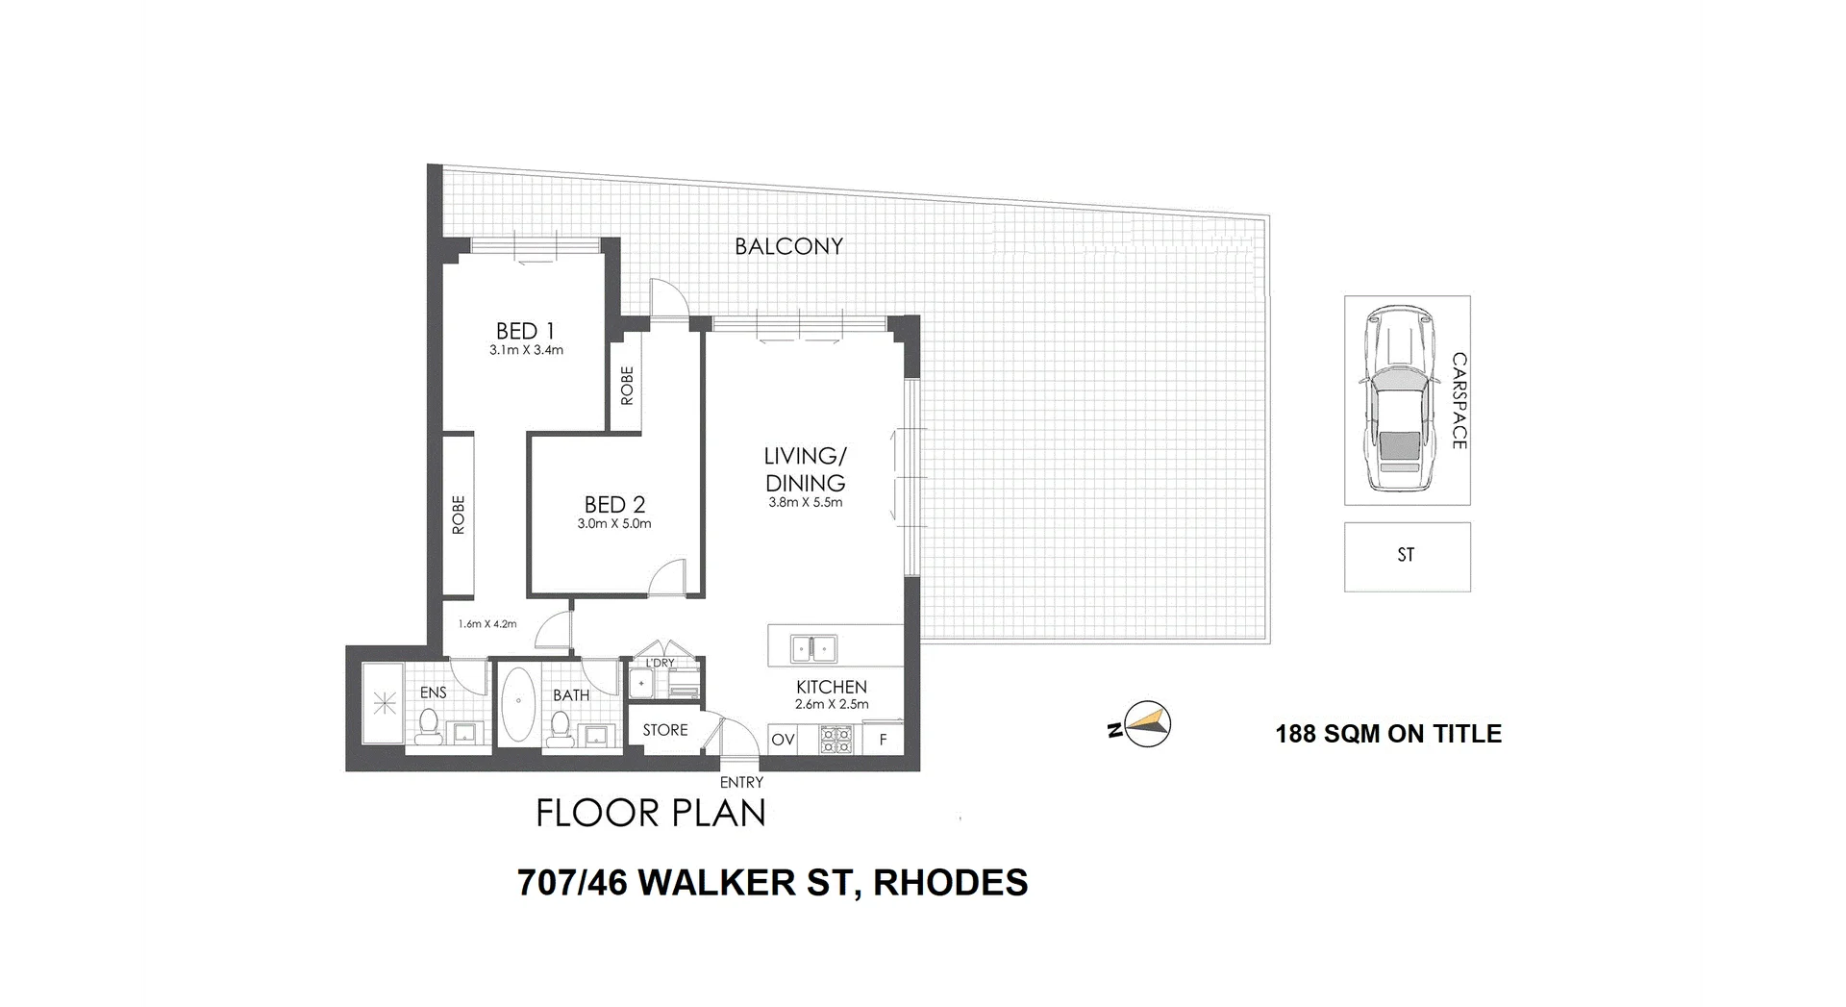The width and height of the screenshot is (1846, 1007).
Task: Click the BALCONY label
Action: pos(788,246)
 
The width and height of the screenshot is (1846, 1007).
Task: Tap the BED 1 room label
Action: pos(525,331)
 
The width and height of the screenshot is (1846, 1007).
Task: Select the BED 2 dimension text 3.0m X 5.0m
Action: pos(614,524)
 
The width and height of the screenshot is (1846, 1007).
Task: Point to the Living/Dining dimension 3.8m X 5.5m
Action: pos(805,502)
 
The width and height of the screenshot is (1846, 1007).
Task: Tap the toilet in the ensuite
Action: pos(429,724)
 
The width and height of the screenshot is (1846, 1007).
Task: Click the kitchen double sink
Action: pos(813,649)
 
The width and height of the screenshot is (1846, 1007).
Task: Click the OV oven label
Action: pos(783,740)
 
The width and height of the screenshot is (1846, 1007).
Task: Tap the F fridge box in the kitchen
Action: pos(883,740)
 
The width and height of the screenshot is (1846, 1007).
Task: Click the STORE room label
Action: pos(665,730)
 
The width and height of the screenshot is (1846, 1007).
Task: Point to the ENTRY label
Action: pos(741,783)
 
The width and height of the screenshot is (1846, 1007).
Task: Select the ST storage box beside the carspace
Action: pos(1407,556)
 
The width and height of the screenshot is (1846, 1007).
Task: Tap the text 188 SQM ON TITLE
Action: pos(1387,734)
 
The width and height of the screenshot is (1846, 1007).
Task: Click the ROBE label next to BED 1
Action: pos(627,385)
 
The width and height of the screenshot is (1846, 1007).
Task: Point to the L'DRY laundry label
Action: pos(660,663)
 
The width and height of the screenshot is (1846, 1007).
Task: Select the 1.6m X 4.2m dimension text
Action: pos(486,624)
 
